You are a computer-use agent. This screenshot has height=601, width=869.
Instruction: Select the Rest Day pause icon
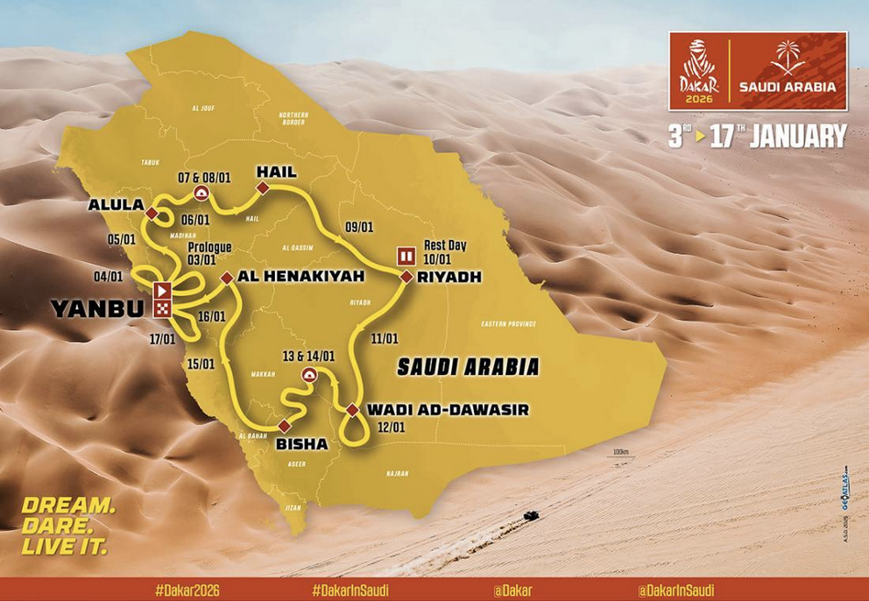coord(406,257)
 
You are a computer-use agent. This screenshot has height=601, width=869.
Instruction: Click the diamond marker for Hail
coord(262,188)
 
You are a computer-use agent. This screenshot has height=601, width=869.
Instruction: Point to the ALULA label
coord(115,205)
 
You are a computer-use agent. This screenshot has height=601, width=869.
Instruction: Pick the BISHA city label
coord(301,444)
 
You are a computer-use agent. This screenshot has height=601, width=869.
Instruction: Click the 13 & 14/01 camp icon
coord(308,375)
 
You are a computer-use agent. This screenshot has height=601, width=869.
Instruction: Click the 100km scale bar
coord(622,456)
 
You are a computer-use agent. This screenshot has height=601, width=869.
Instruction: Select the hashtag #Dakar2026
coord(186,590)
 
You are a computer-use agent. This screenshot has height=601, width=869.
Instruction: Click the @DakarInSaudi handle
coord(676,590)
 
